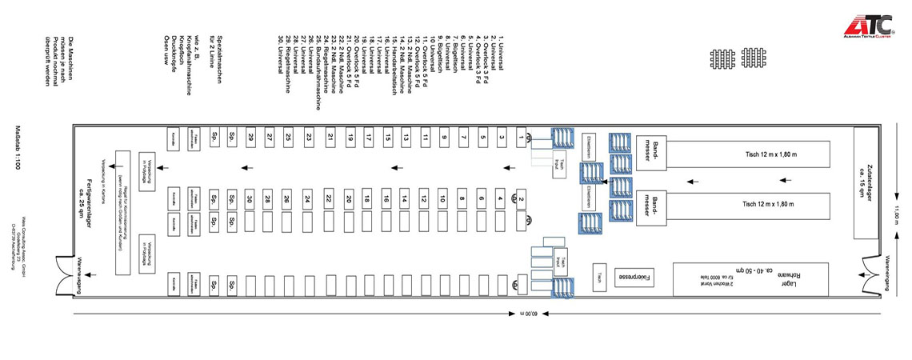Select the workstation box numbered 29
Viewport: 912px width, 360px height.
[x=250, y=138]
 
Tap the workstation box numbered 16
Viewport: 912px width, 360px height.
[x=386, y=198]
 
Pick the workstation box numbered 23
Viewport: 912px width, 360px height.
[x=308, y=138]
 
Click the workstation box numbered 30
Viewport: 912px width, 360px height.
[x=250, y=198]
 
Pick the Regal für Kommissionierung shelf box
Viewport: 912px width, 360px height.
[x=122, y=212]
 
